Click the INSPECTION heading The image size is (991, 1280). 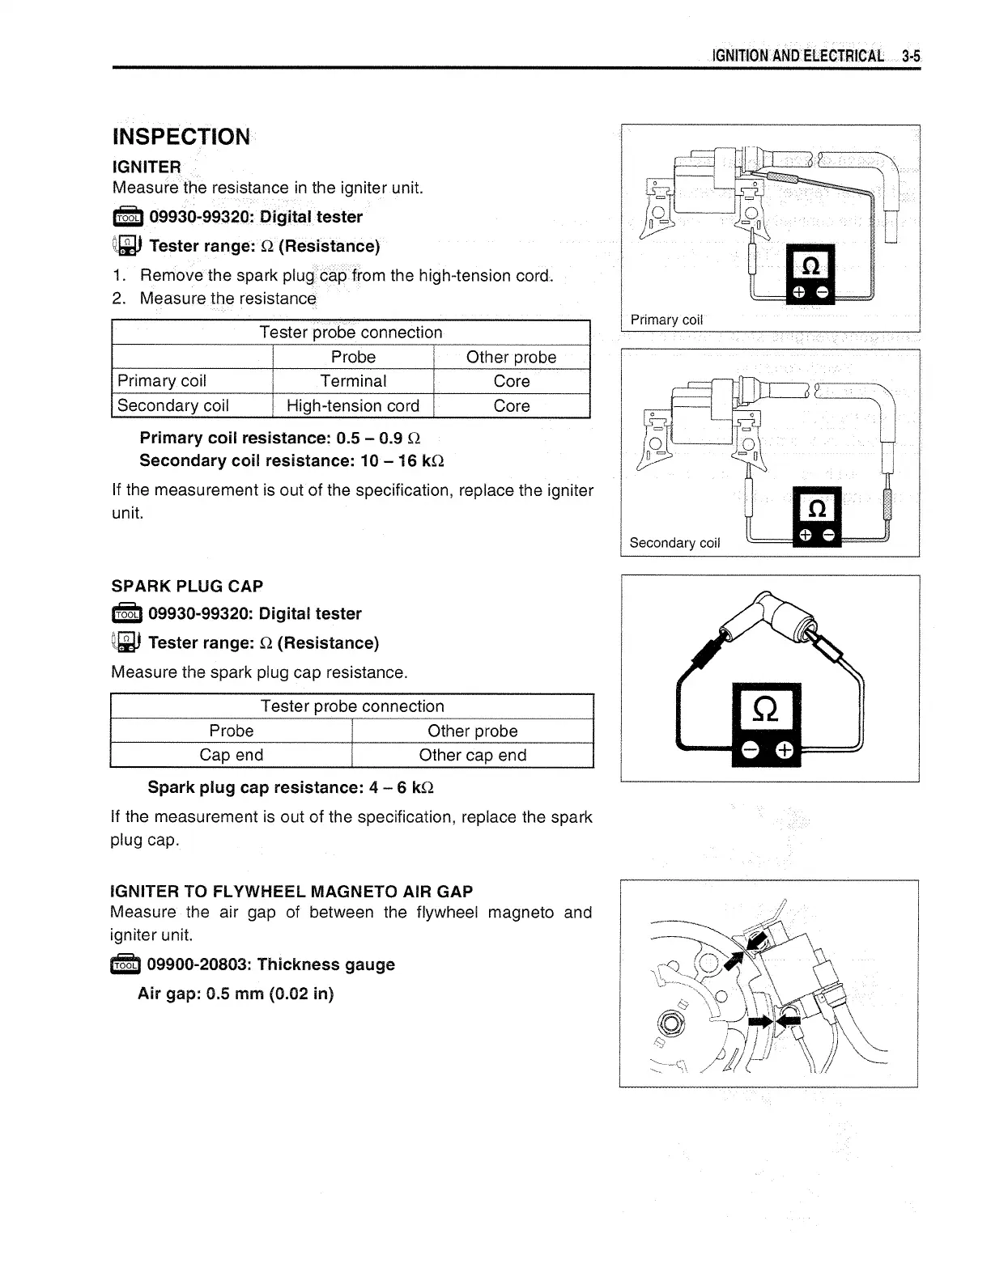182,137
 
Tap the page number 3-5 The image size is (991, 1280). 912,56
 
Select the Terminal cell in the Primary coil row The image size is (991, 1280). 353,381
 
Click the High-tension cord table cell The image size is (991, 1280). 353,405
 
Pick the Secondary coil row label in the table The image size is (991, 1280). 173,405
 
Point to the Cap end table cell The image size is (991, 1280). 231,755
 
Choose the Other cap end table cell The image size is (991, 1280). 472,755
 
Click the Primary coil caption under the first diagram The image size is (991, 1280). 666,320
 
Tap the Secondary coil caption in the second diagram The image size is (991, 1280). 674,543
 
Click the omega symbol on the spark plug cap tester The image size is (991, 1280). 766,710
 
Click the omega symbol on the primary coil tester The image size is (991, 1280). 810,266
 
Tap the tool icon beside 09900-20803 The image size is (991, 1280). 125,964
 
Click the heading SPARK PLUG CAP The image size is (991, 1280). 187,586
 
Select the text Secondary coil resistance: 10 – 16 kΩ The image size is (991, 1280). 291,460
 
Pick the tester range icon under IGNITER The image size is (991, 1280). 127,246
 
